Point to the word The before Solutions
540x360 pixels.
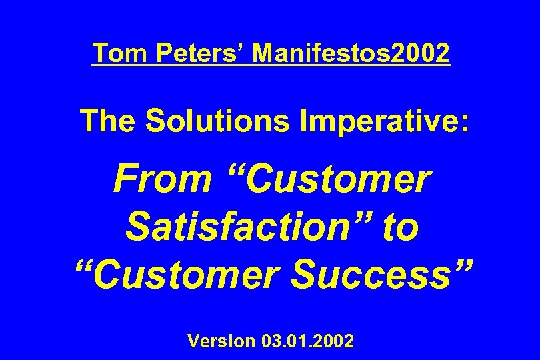107,121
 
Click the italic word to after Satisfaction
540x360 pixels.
400,227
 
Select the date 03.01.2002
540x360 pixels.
309,342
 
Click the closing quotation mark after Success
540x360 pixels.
459,265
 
